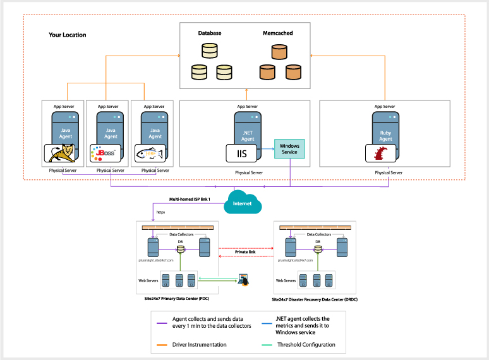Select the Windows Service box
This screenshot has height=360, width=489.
click(x=289, y=150)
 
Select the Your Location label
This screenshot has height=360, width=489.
click(x=67, y=35)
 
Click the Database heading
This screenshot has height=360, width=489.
click(x=210, y=33)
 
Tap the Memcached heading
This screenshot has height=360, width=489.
click(x=277, y=33)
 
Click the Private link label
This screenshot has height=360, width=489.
click(x=246, y=252)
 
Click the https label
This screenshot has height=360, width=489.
click(x=160, y=212)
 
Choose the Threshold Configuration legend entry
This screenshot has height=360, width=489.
click(x=306, y=345)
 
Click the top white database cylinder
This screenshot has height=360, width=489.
click(x=209, y=51)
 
